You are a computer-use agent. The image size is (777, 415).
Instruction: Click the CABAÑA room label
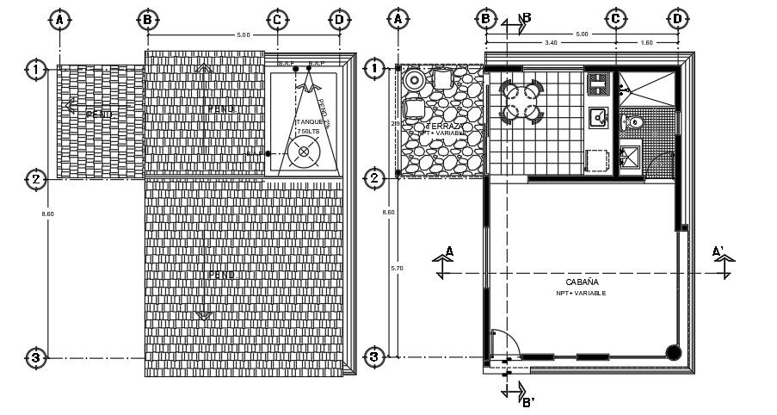click(x=583, y=282)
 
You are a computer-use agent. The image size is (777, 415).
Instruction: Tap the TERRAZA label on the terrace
click(x=441, y=127)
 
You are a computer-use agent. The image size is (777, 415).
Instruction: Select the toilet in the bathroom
click(x=635, y=123)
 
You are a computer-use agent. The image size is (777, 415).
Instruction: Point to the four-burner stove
click(x=598, y=84)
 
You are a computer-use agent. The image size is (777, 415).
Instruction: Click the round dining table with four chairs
click(x=520, y=102)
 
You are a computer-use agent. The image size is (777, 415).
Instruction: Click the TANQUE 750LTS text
click(x=308, y=127)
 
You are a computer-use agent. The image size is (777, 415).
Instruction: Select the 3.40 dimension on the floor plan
click(x=550, y=41)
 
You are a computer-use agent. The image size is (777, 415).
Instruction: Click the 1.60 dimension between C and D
click(x=646, y=41)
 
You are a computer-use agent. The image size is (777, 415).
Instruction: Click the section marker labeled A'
click(x=719, y=251)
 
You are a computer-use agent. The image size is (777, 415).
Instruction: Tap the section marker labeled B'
click(x=527, y=401)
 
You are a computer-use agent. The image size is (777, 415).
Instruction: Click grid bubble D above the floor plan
click(x=678, y=18)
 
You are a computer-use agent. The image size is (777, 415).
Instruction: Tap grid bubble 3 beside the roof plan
click(x=35, y=357)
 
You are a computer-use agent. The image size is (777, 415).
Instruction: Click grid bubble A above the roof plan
click(x=59, y=18)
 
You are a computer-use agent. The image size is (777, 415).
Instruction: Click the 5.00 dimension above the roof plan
click(x=243, y=34)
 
